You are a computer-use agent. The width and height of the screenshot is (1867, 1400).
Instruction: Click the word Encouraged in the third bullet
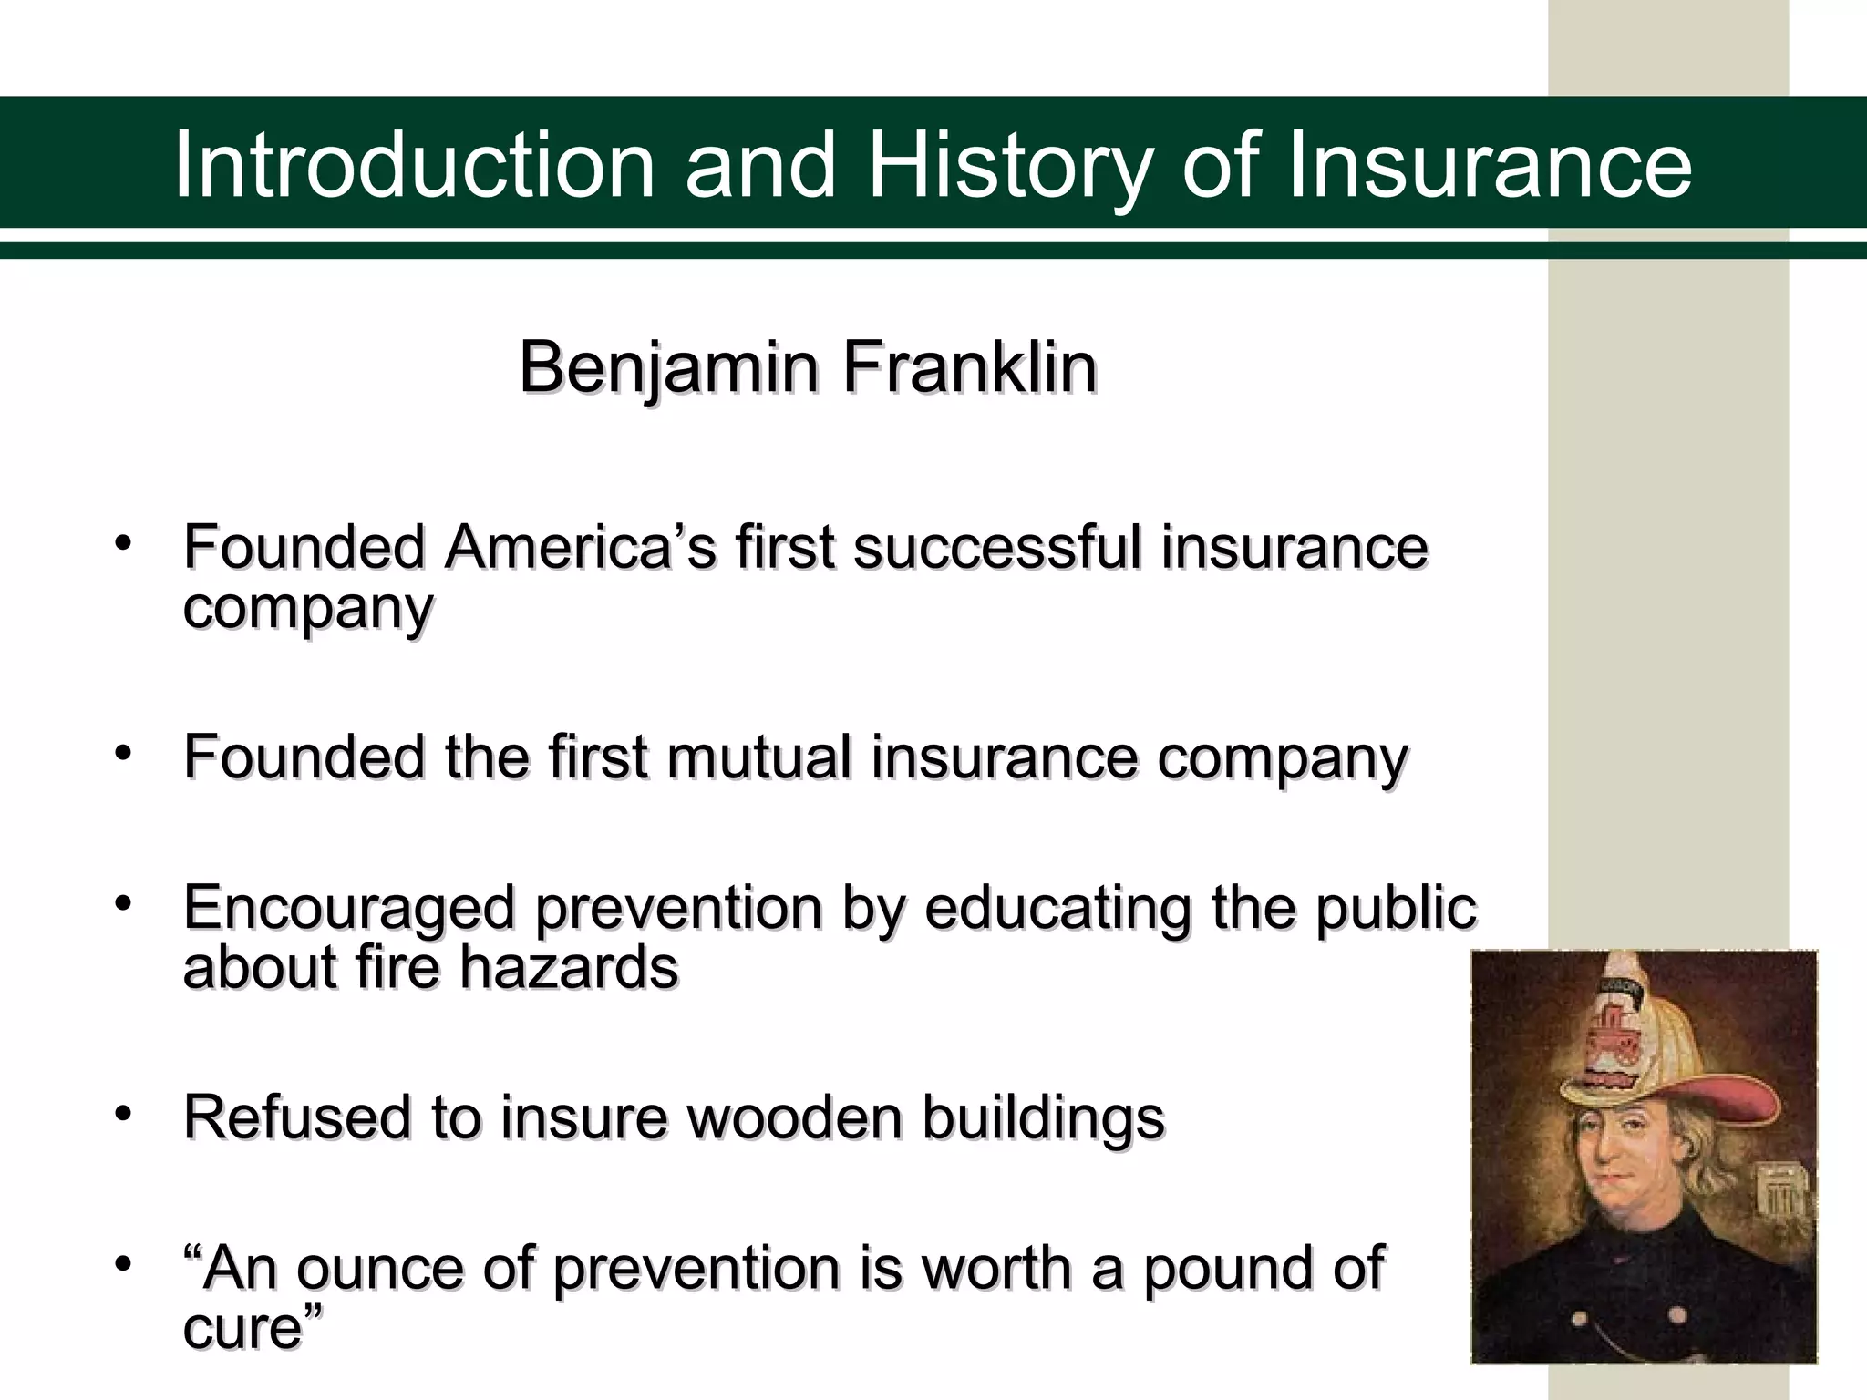coord(350,909)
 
